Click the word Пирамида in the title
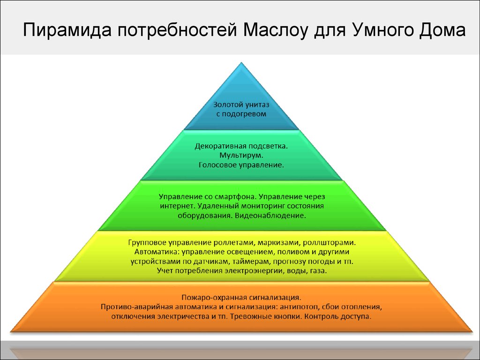pyautogui.click(x=67, y=30)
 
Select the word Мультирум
pyautogui.click(x=241, y=156)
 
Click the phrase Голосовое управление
pyautogui.click(x=241, y=165)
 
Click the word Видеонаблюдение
pyautogui.click(x=270, y=215)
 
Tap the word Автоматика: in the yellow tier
pyautogui.click(x=157, y=252)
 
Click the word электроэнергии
pyautogui.click(x=253, y=271)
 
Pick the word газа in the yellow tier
pyautogui.click(x=319, y=271)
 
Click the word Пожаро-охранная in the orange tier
pyautogui.click(x=214, y=297)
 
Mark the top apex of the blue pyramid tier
pyautogui.click(x=241, y=63)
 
